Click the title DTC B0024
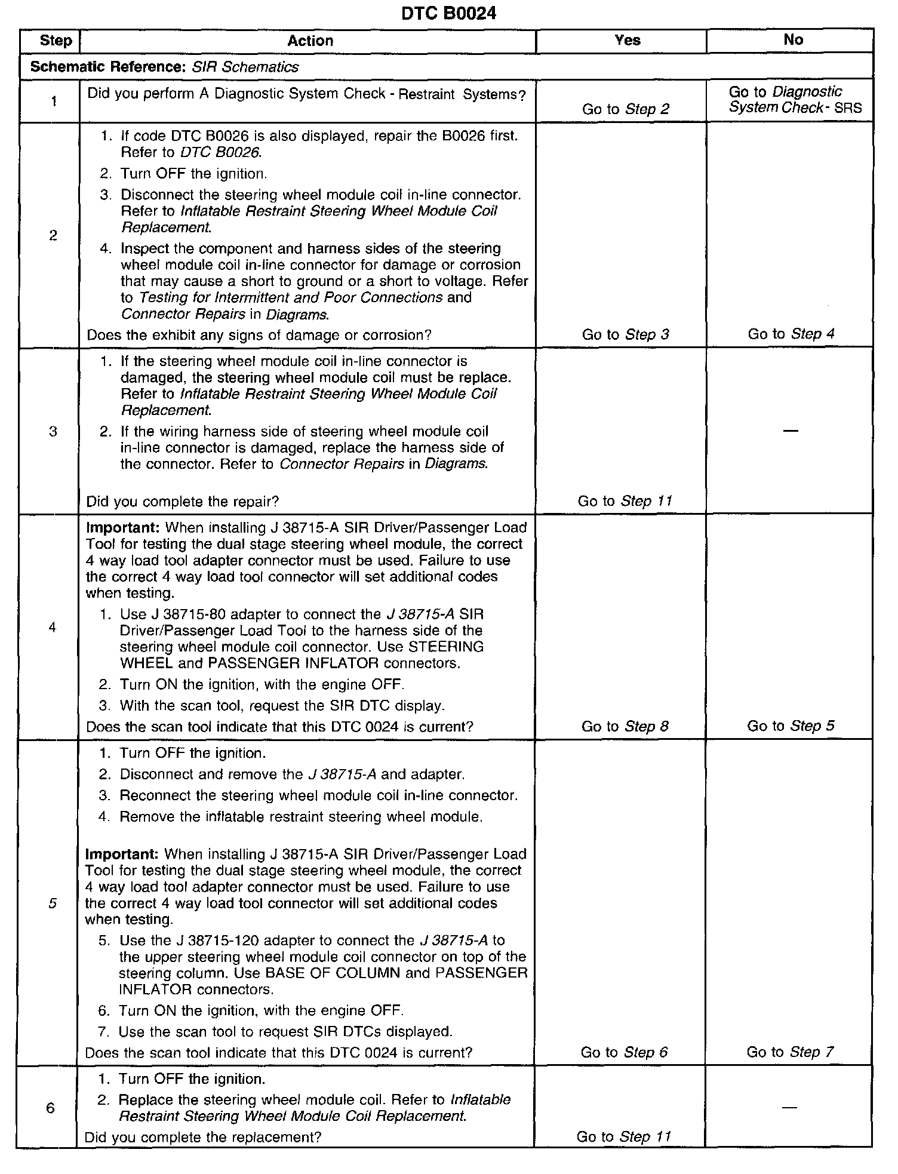pyautogui.click(x=448, y=13)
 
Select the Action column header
pyautogui.click(x=310, y=41)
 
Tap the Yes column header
pyautogui.click(x=627, y=40)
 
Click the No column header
pyautogui.click(x=793, y=39)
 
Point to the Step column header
pyautogui.click(x=55, y=41)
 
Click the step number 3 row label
pyautogui.click(x=53, y=431)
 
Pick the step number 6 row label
pyautogui.click(x=51, y=1108)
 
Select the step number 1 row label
pyautogui.click(x=54, y=102)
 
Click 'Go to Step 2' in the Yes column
pyautogui.click(x=625, y=109)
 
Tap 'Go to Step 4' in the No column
pyautogui.click(x=791, y=334)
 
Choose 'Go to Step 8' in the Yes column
pyautogui.click(x=625, y=726)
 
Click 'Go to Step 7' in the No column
pyautogui.click(x=789, y=1052)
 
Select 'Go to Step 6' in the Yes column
pyautogui.click(x=624, y=1052)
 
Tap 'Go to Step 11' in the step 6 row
pyautogui.click(x=623, y=1136)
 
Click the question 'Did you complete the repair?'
pyautogui.click(x=183, y=502)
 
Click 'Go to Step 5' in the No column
pyautogui.click(x=791, y=726)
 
